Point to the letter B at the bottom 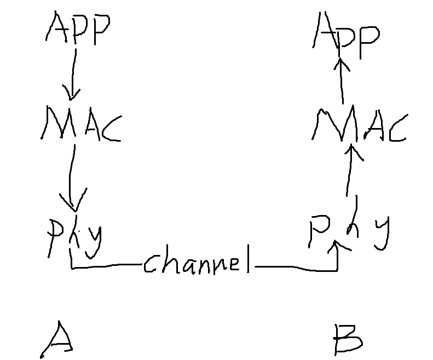(x=348, y=339)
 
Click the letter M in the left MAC (x=56, y=124)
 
